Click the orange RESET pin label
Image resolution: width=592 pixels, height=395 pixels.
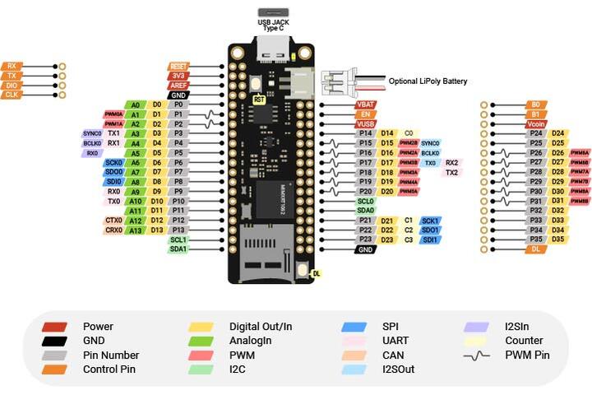coord(178,66)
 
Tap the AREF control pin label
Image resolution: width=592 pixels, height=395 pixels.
coord(178,85)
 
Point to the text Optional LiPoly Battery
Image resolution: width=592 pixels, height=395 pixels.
coord(428,81)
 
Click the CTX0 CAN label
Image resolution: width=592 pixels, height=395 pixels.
coord(113,221)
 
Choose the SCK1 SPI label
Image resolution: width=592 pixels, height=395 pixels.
coord(430,221)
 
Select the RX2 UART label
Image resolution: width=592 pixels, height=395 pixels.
coord(451,163)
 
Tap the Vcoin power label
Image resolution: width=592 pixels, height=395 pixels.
coord(536,123)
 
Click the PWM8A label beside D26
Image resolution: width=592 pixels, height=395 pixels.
coord(580,153)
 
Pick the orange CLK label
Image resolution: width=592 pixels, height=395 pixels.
coord(12,95)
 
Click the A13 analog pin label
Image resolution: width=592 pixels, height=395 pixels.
coord(136,230)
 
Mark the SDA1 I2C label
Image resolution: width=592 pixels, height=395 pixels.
coord(178,249)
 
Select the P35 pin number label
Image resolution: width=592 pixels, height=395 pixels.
coord(536,239)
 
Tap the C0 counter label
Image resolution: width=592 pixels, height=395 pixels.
coord(408,133)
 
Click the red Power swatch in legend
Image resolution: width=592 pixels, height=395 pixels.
coord(54,327)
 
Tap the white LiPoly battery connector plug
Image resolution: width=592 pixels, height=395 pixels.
coord(335,81)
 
